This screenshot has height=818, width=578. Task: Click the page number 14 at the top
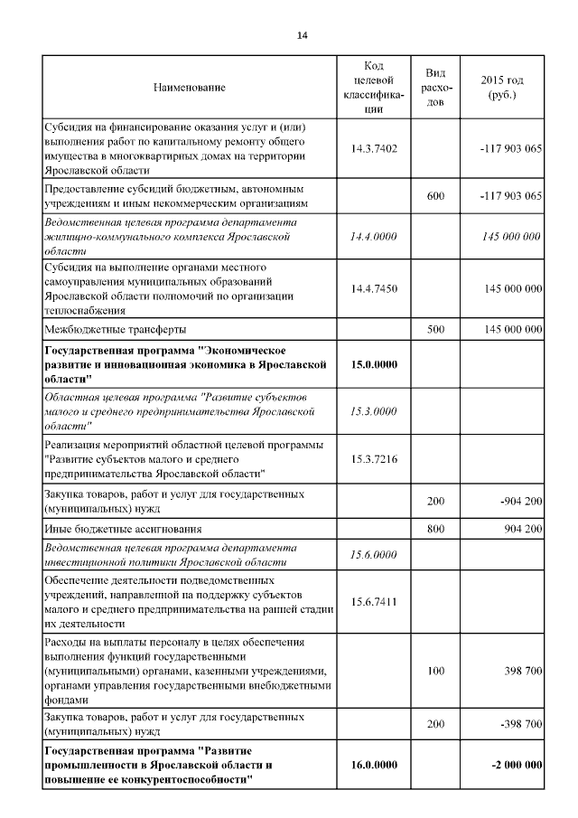[302, 34]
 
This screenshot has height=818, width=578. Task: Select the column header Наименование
[190, 88]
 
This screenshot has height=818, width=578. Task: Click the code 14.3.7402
[374, 148]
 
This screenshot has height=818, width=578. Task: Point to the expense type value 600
[435, 195]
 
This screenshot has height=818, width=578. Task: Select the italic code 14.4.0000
[374, 237]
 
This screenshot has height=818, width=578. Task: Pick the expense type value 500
[435, 330]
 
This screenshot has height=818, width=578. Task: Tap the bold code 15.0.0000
[374, 363]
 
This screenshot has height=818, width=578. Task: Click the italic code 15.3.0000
[374, 411]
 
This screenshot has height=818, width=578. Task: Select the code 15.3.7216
[374, 459]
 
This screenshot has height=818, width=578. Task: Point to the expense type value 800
[435, 528]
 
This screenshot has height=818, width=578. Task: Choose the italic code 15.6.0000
[374, 554]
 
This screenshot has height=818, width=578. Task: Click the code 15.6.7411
[374, 601]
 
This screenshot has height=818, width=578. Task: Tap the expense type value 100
[435, 672]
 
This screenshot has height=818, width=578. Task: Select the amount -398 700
[516, 724]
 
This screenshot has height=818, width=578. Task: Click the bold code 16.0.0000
[374, 765]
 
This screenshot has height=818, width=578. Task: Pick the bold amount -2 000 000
[517, 765]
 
